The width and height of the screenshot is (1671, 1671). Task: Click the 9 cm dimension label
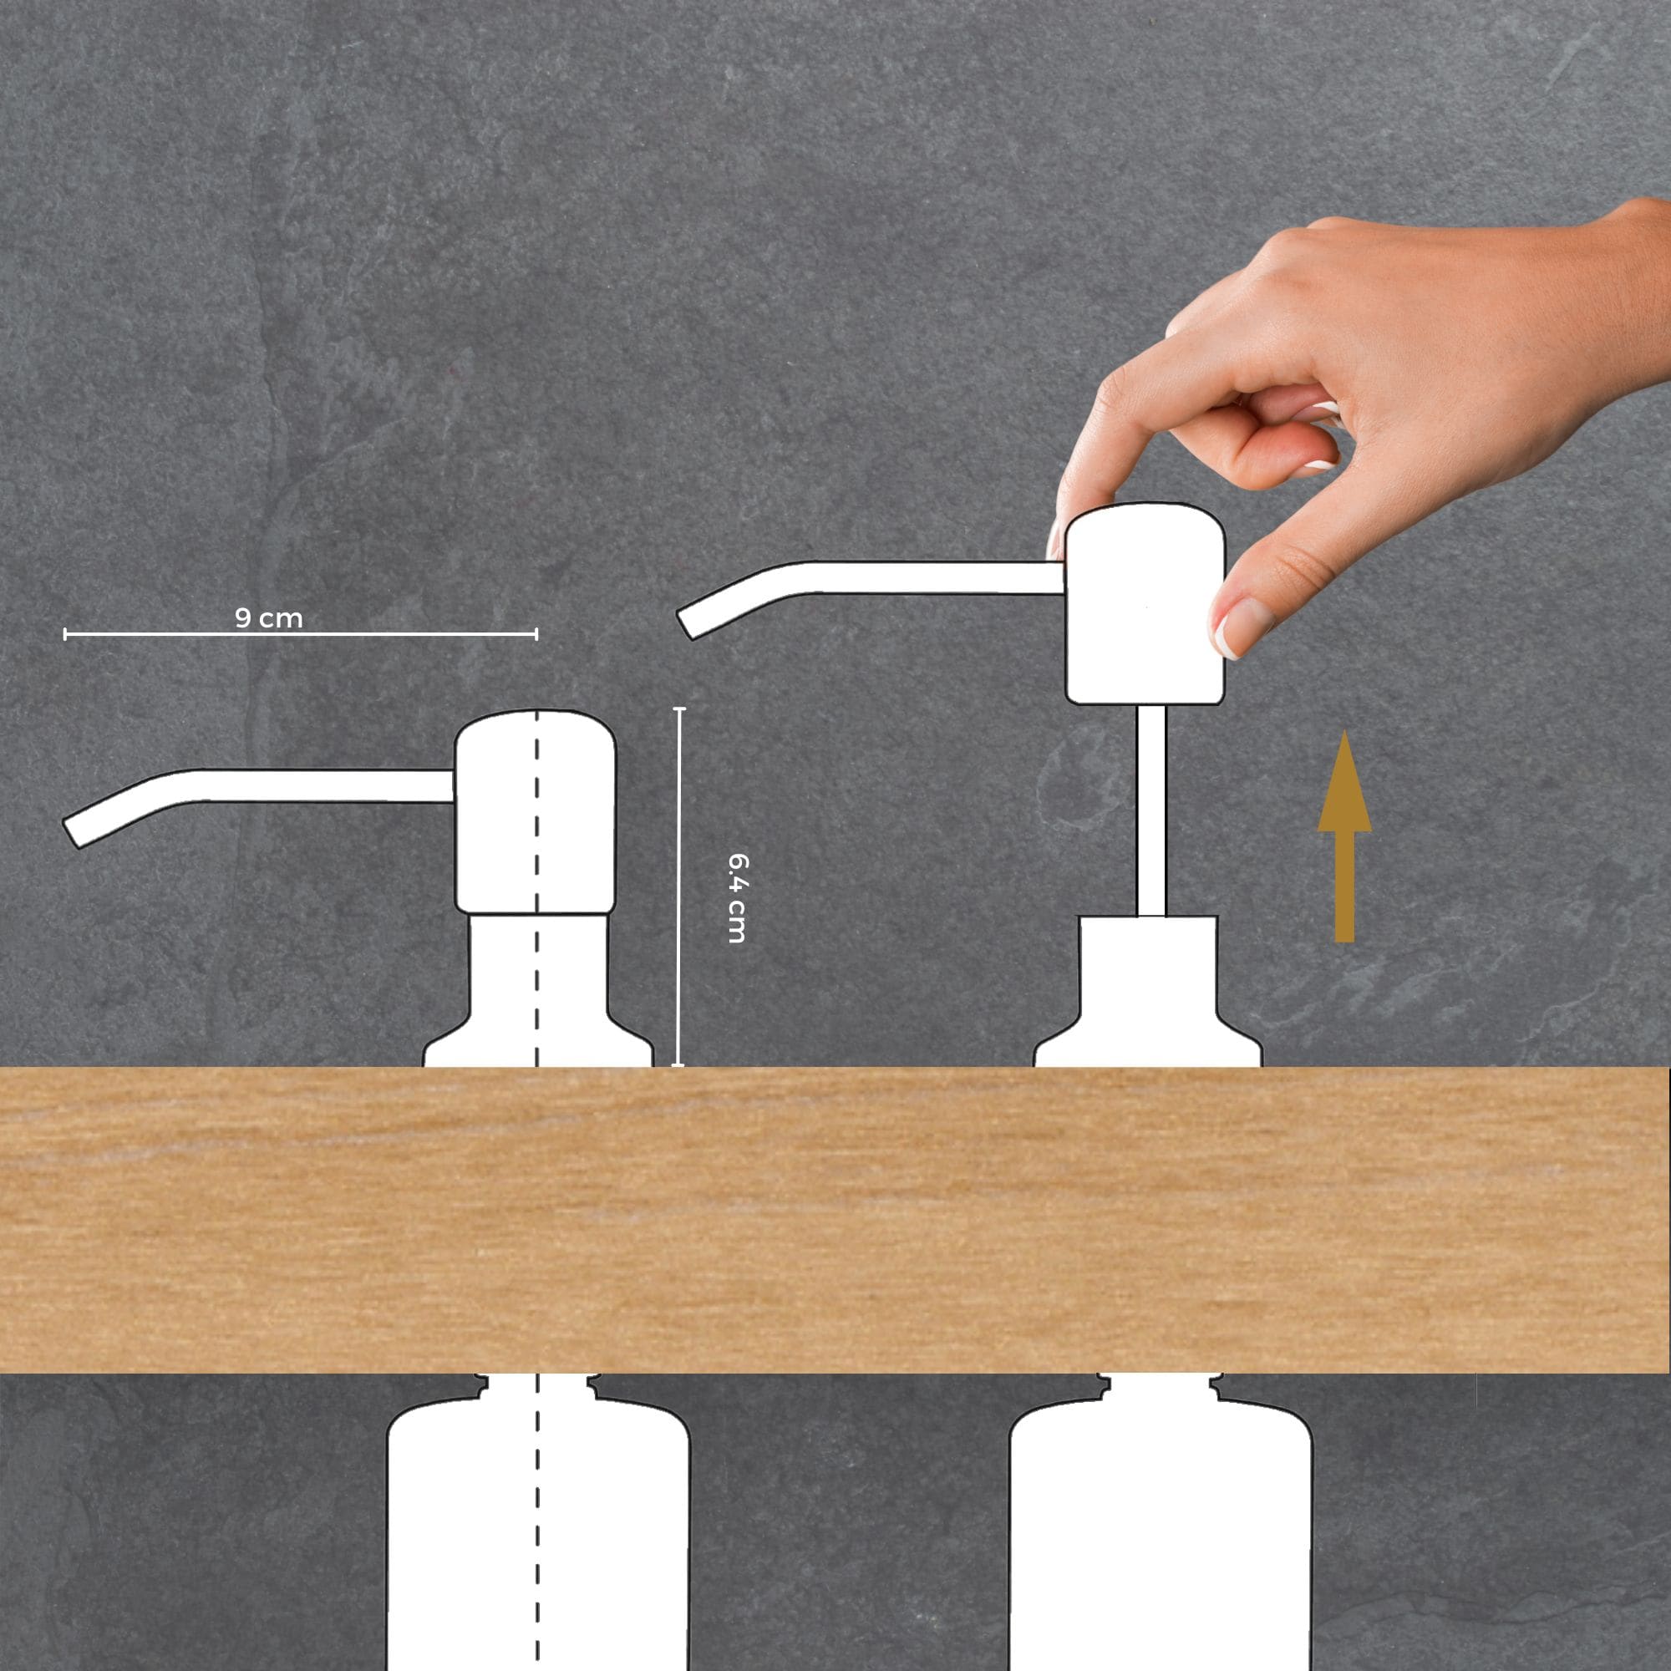(269, 618)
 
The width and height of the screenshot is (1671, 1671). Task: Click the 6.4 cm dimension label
(738, 898)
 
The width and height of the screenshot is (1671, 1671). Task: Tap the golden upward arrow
(1344, 836)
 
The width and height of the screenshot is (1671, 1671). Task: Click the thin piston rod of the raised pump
(1151, 810)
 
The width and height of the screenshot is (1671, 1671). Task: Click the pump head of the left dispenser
(536, 812)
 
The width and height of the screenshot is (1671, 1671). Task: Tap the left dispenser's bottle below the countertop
(538, 1522)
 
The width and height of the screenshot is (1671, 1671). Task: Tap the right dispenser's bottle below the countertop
(1161, 1522)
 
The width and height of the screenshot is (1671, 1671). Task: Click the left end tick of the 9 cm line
(65, 635)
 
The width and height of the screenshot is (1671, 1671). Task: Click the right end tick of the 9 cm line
(536, 635)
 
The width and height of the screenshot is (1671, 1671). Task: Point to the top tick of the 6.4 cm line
(679, 709)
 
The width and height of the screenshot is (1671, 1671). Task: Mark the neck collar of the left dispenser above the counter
(537, 990)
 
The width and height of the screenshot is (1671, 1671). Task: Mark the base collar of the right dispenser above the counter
(1149, 992)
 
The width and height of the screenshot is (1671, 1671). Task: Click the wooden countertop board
(835, 1221)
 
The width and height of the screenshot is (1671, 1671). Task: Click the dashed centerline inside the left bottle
(537, 1522)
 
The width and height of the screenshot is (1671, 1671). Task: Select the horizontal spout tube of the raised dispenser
(874, 580)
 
